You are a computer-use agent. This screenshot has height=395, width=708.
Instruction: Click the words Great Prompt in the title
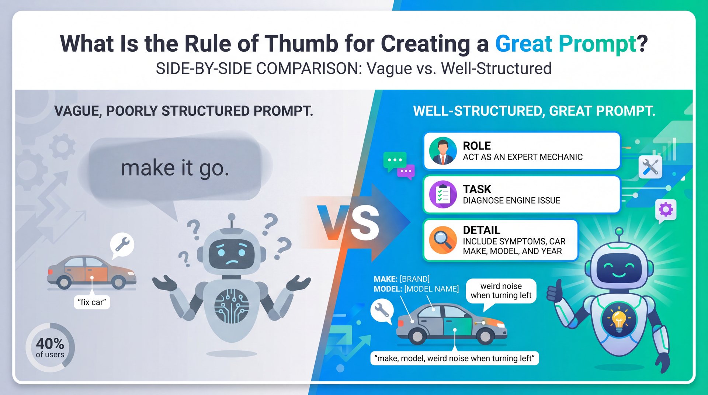click(566, 44)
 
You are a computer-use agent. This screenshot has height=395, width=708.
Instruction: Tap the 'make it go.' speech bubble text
click(175, 168)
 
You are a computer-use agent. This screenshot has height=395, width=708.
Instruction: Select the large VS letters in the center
click(348, 223)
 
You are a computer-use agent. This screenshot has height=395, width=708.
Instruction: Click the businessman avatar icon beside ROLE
click(443, 151)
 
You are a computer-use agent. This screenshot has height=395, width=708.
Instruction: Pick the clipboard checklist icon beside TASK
click(443, 194)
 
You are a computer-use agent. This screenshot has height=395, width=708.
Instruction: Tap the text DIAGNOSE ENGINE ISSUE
click(511, 201)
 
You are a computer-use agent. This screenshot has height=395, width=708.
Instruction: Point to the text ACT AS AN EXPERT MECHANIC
click(523, 157)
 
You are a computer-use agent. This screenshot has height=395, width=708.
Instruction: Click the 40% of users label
click(50, 347)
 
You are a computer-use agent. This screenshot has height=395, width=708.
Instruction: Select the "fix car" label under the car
click(92, 302)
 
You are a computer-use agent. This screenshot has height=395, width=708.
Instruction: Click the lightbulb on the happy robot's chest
click(619, 320)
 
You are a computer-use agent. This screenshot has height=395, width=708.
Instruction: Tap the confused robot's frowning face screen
click(231, 253)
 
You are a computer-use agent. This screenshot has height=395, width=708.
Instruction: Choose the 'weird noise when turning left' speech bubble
click(501, 291)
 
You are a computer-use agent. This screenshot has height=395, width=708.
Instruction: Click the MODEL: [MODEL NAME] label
click(416, 289)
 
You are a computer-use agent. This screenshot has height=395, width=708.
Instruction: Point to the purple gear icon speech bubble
click(666, 210)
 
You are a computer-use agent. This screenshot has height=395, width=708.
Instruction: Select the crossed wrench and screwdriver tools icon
click(650, 167)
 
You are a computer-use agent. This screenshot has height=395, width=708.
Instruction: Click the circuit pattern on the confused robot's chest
click(232, 306)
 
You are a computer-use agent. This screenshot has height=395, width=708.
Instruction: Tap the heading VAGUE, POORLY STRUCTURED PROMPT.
click(184, 111)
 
